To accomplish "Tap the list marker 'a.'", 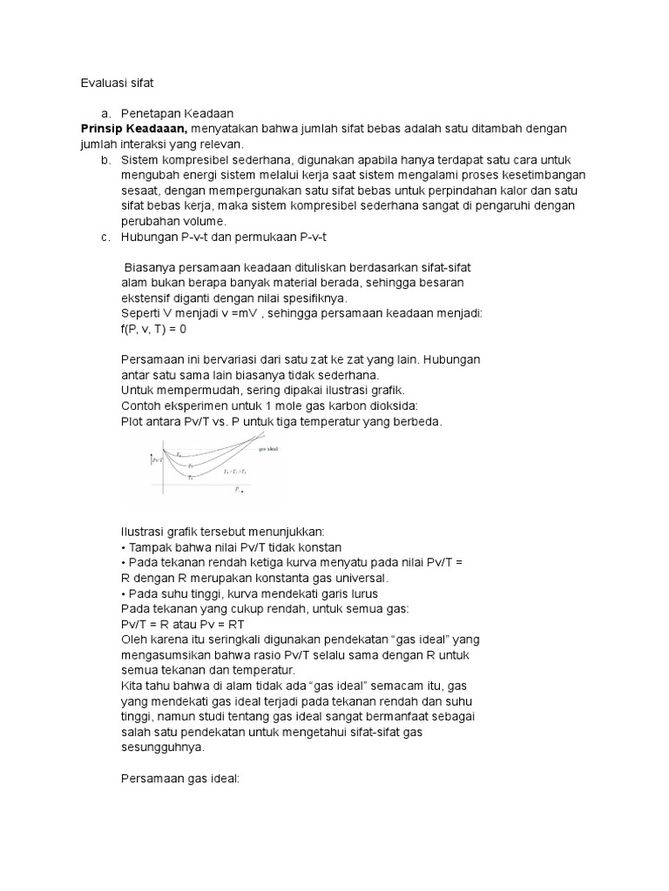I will pos(105,113).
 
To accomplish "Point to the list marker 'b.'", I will pos(105,160).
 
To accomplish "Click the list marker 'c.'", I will pos(105,237).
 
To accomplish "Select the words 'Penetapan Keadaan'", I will pos(177,113).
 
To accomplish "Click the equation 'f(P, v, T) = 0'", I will pos(154,330).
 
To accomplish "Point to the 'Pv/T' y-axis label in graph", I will pos(158,460).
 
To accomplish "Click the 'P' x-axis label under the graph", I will pos(237,490).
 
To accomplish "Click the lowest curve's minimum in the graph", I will pos(191,477).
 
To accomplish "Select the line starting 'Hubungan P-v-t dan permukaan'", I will pos(224,237).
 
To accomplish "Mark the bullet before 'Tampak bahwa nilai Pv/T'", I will pos(125,547).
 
